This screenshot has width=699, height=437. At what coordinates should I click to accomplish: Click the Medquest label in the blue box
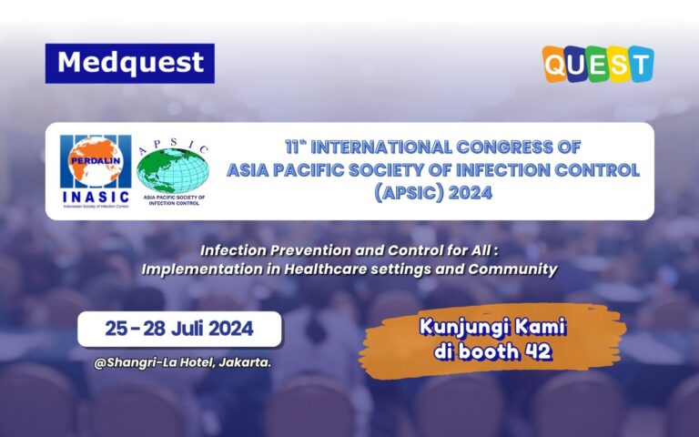[x=129, y=63]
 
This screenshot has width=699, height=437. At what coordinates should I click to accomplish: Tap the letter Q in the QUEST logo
[x=556, y=64]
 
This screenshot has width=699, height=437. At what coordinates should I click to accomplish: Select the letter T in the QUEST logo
[x=640, y=64]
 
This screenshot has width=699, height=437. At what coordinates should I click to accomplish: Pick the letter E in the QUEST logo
[x=599, y=64]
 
